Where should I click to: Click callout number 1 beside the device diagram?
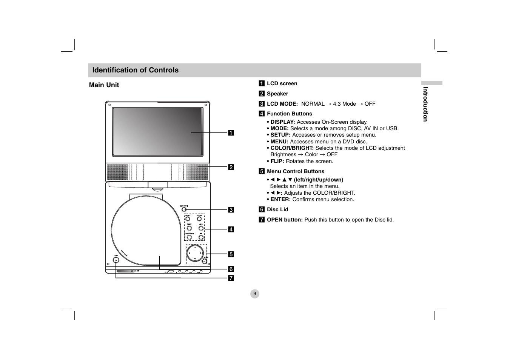[231, 132]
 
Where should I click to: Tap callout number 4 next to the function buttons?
[231, 229]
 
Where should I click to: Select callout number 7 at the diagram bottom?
[231, 278]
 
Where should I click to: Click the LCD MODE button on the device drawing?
[184, 210]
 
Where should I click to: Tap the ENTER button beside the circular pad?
[204, 261]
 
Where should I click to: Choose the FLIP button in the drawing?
[201, 237]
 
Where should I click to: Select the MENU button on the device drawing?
[201, 228]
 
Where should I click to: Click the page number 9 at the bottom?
[254, 294]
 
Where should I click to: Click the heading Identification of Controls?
[135, 70]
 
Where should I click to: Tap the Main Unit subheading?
[104, 85]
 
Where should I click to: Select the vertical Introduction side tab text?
[425, 104]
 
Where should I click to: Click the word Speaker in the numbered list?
[277, 94]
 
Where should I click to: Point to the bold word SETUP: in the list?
[280, 135]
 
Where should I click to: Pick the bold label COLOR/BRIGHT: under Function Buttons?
[292, 148]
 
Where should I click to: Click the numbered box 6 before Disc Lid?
[261, 209]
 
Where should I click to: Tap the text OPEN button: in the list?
[285, 220]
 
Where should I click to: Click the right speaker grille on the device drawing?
[197, 172]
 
